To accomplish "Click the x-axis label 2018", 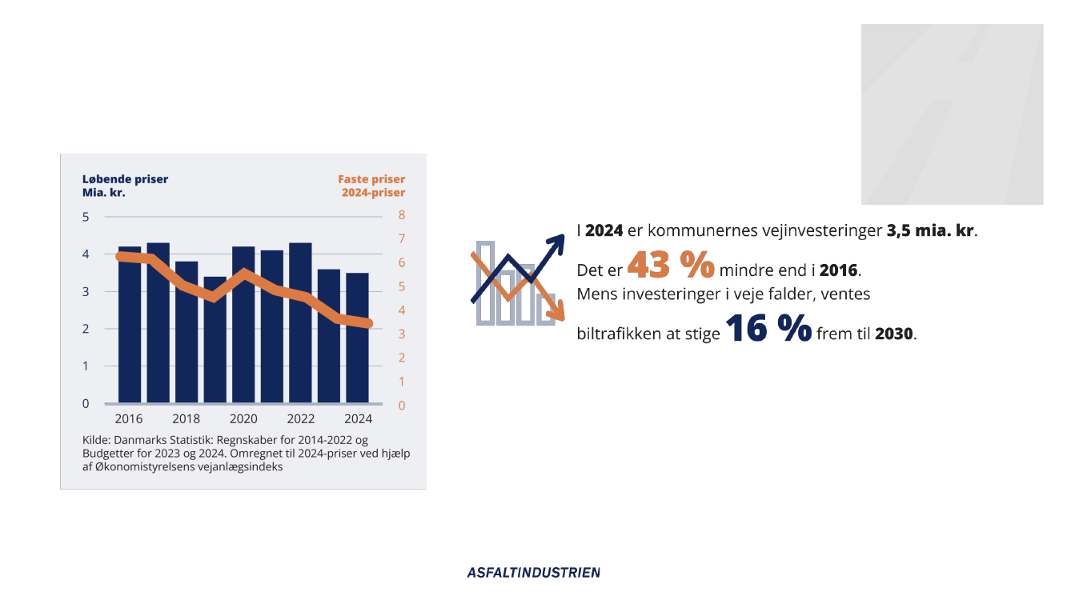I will pos(187,419).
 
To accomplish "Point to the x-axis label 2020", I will pos(243,419).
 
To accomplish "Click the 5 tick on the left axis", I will pos(86,217).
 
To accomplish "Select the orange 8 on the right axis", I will pos(402,215).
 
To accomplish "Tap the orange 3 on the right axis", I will pos(402,334).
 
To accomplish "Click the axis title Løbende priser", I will pos(126,179).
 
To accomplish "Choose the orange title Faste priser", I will pos(371,179).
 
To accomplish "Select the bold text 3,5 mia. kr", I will pos(931,231).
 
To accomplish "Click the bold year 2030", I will pos(893,334).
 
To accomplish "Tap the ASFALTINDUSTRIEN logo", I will pos(534,572).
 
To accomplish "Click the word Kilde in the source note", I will pos(97,441).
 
